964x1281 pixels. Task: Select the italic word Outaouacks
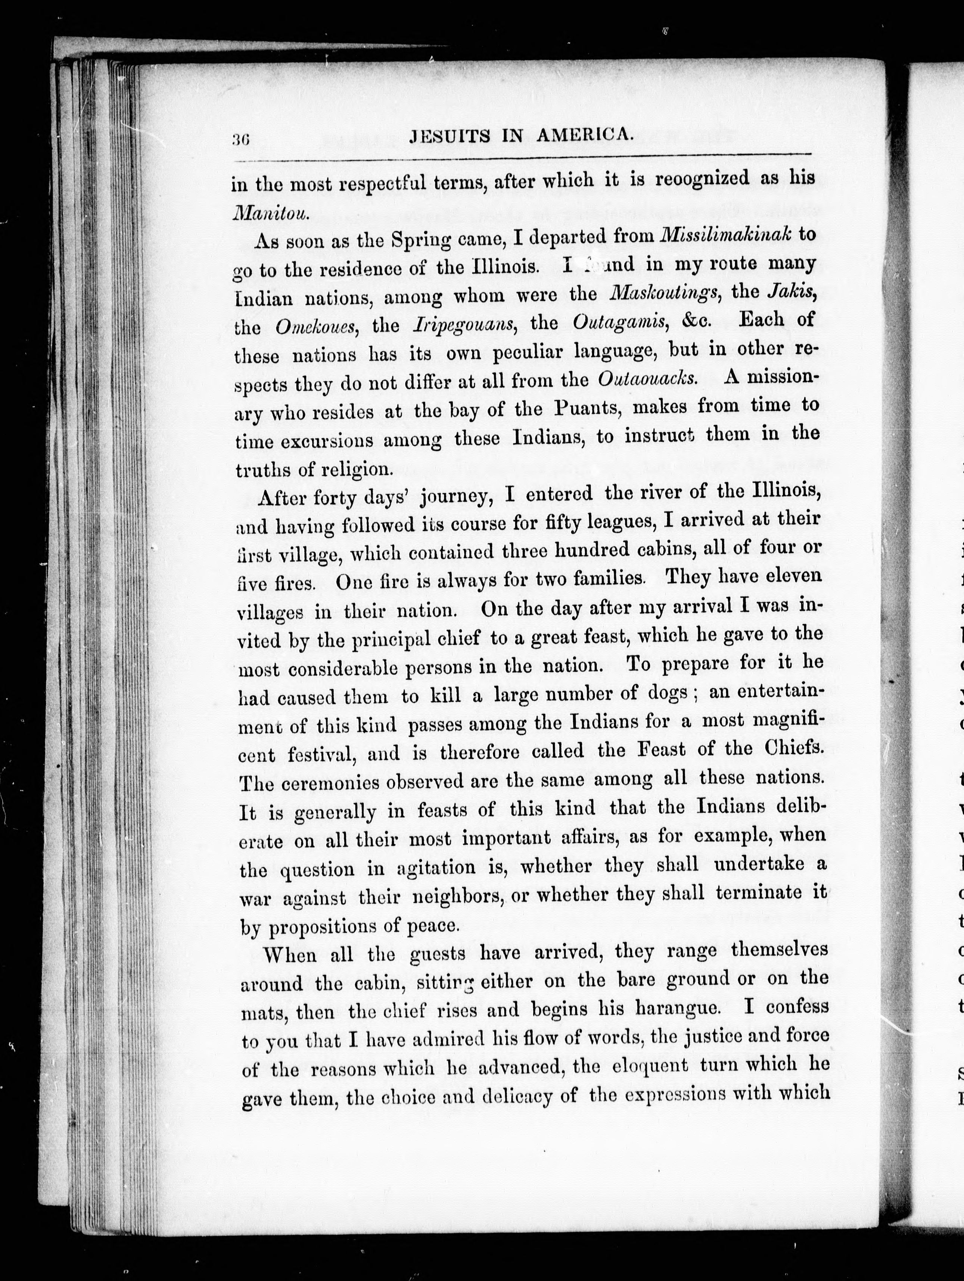tap(646, 379)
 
